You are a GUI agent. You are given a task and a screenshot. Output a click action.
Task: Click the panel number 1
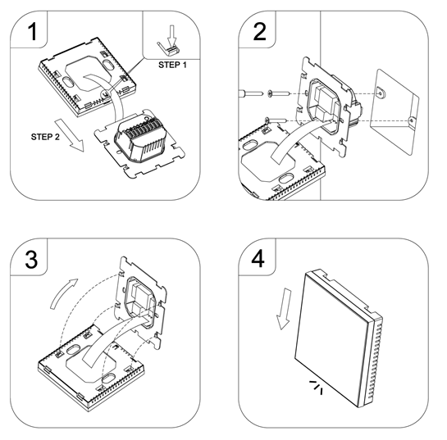[33, 31]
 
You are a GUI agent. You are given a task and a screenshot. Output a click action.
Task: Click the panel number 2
[259, 31]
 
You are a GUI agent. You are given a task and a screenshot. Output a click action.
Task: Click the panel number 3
[31, 259]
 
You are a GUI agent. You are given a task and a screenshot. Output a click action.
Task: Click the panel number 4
[258, 259]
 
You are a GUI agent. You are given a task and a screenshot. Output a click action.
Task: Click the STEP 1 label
[172, 65]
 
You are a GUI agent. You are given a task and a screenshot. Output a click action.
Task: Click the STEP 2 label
[45, 137]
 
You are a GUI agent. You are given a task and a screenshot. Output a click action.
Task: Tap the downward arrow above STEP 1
[171, 36]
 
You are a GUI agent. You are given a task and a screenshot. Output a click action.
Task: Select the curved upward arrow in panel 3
[63, 293]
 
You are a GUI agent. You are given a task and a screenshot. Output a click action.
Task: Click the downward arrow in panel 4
[285, 309]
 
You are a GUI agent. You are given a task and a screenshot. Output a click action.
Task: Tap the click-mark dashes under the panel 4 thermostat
[317, 388]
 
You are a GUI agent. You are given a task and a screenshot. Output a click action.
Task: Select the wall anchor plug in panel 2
[251, 93]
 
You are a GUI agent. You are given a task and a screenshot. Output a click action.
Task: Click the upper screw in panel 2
[279, 93]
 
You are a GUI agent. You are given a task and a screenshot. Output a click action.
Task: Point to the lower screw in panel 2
[276, 120]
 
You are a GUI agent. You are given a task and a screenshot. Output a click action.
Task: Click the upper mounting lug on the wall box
[381, 92]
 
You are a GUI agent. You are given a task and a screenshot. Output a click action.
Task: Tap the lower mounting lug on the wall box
[412, 122]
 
